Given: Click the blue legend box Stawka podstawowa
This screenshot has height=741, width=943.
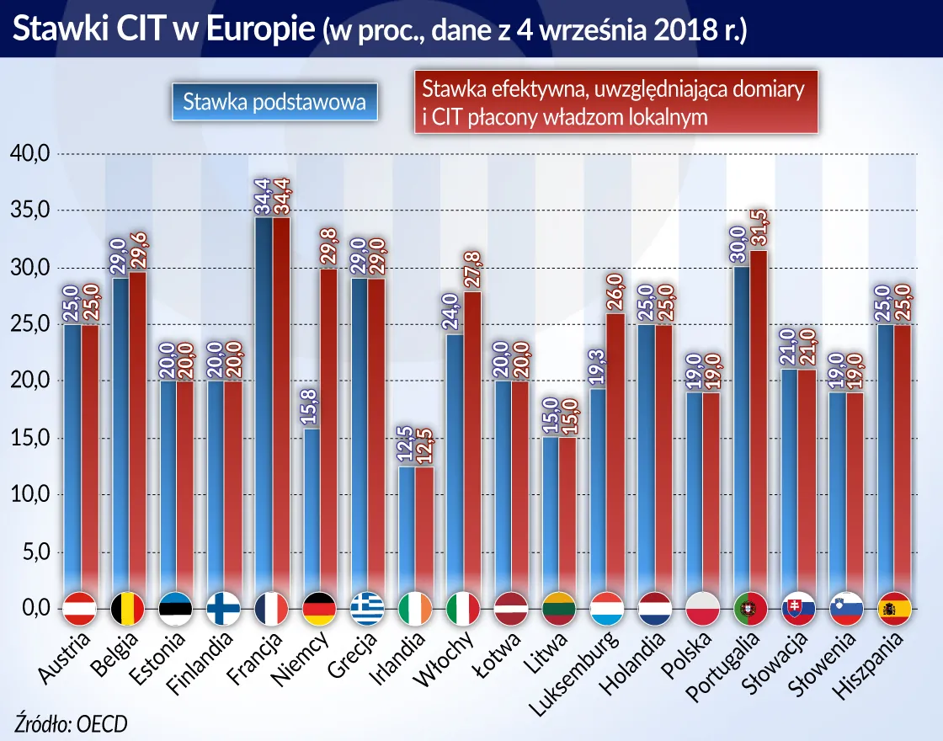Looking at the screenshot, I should click(274, 103).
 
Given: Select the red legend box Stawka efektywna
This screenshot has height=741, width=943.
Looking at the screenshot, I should click(616, 103).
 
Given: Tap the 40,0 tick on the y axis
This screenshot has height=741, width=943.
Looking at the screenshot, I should click(30, 154).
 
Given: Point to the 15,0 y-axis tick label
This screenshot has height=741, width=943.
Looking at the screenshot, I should click(30, 438).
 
